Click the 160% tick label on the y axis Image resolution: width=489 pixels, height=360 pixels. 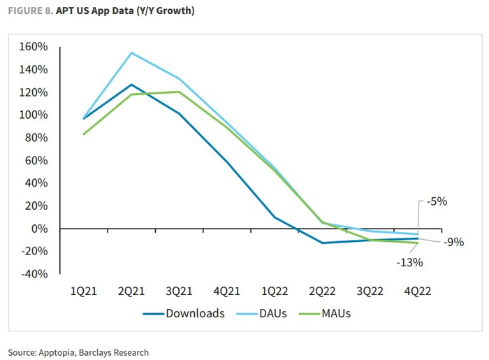[34, 47]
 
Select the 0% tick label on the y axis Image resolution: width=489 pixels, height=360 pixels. [40, 229]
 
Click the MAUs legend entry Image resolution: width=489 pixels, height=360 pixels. [335, 313]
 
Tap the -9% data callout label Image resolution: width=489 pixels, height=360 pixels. [453, 242]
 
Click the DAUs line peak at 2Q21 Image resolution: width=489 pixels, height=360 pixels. [131, 52]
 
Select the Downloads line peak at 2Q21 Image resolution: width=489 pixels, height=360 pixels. [131, 85]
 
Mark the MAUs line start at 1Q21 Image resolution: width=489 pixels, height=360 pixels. [84, 134]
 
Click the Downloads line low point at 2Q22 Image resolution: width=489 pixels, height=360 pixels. [322, 243]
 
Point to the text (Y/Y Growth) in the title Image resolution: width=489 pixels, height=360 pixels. [166, 12]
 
